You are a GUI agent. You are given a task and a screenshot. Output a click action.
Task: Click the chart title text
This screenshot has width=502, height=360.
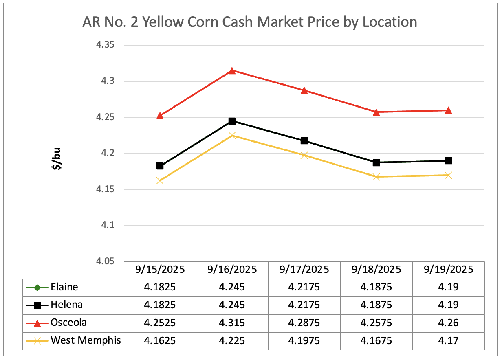249,22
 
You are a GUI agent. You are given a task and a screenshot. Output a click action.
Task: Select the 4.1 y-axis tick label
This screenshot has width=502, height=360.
108,226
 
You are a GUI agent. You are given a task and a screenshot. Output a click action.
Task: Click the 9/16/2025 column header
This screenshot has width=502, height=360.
232,270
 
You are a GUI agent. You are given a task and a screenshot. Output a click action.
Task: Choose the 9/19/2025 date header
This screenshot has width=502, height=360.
448,270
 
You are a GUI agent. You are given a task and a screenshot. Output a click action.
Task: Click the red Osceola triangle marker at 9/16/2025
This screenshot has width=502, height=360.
232,71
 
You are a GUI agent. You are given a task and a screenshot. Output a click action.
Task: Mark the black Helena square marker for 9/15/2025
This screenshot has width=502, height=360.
160,166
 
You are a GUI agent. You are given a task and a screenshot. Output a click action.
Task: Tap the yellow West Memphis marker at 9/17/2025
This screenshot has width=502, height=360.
304,155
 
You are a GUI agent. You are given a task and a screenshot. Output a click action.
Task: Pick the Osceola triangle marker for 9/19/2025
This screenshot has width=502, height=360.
448,110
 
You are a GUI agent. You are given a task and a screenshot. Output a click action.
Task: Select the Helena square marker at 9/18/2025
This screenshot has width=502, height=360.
376,162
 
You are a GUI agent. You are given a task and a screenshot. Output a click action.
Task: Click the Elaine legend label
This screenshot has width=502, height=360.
64,287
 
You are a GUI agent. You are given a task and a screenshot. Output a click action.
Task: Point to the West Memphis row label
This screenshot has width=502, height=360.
86,340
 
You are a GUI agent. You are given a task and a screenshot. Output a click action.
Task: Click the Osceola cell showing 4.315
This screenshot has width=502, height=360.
232,323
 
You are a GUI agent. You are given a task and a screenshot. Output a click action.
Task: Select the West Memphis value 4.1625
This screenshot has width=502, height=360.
160,340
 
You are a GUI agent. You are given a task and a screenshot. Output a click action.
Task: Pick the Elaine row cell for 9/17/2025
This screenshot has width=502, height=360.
304,287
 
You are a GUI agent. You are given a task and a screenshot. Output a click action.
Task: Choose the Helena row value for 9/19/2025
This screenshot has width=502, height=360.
448,305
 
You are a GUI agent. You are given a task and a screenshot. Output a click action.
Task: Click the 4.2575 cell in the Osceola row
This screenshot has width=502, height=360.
376,323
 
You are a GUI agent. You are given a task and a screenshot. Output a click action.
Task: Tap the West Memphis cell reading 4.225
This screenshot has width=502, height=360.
232,340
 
